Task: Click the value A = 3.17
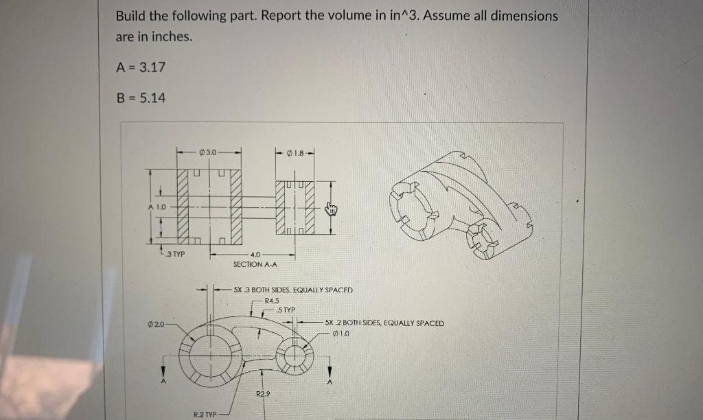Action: coord(141,67)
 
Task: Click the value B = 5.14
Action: coord(141,98)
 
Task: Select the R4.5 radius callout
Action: coord(273,301)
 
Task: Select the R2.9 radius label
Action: coord(263,393)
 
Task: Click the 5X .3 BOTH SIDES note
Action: coord(292,290)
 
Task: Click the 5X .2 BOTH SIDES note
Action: coord(384,323)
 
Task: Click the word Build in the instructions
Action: coord(130,15)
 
